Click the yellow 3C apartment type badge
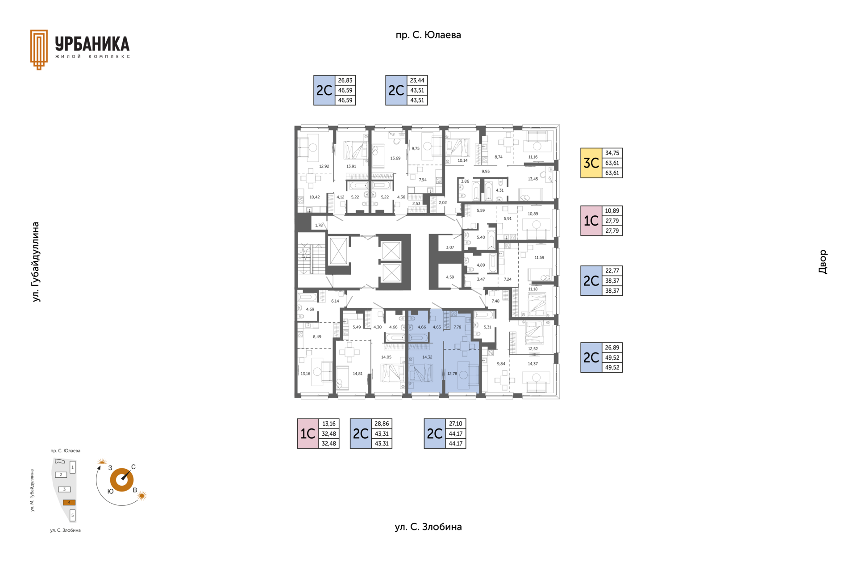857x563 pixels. coord(591,163)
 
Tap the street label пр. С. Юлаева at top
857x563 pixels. coord(428,35)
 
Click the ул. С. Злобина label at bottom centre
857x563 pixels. coord(428,527)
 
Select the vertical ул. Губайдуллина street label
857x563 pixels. coord(36,262)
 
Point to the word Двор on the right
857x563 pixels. coord(823,262)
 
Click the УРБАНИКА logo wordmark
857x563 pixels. coord(92,44)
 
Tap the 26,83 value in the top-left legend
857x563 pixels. coord(345,80)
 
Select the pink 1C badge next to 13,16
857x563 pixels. coord(308,433)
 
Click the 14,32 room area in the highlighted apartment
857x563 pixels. coord(427,357)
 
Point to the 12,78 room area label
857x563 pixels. coord(452,374)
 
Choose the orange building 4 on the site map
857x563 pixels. coord(69,502)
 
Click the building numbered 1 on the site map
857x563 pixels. coord(72,467)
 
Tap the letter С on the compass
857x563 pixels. coord(133,467)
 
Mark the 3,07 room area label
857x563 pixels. coord(450,248)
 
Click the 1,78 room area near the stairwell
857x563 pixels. coord(319,225)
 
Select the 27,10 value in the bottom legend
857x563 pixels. coord(456,424)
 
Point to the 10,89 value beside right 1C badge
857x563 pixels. coord(612,211)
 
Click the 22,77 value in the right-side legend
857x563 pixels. coord(612,271)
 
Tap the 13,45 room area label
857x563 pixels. coord(533,179)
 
